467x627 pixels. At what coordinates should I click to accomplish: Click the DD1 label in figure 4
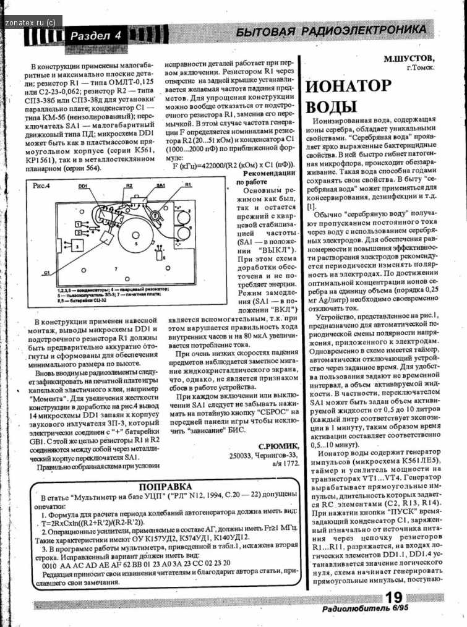click(83, 185)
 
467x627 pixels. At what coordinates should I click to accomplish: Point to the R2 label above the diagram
click(129, 185)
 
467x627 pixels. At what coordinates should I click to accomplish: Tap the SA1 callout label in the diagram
click(161, 185)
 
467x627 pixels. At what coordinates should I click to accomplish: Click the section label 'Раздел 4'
click(95, 35)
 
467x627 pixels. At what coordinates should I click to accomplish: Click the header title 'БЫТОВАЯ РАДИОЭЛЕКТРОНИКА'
click(331, 31)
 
